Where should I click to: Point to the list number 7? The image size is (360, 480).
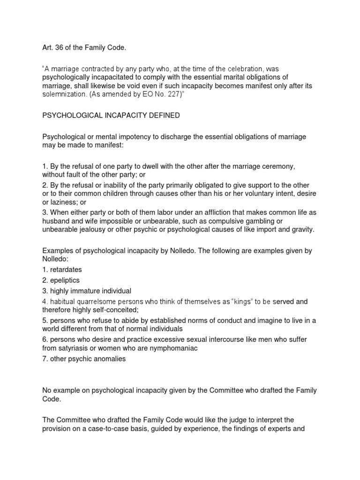click(x=45, y=359)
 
